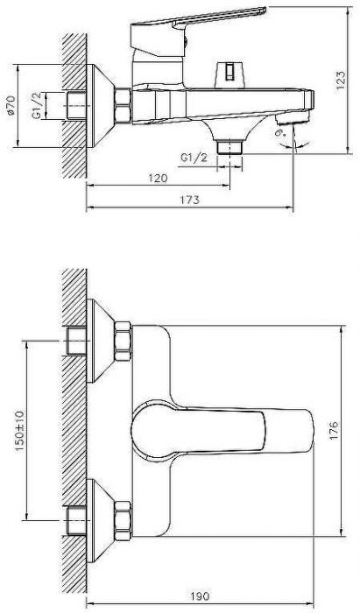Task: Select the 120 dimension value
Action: point(158,177)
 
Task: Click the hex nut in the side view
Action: point(120,104)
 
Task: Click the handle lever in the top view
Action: point(219,429)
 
